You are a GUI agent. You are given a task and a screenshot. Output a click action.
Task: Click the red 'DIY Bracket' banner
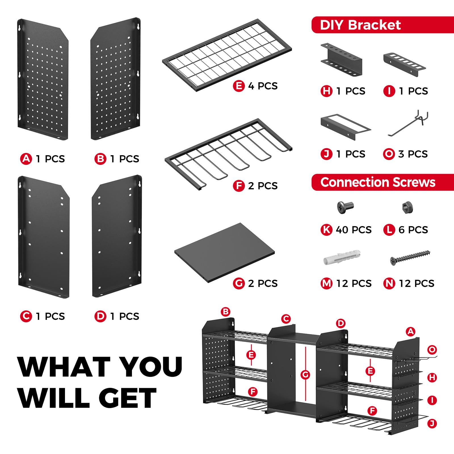(382, 25)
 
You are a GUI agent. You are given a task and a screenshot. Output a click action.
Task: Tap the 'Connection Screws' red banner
(382, 182)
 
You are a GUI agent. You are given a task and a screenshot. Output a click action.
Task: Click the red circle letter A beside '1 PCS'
(26, 159)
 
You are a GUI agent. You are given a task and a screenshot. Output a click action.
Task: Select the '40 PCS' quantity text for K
(354, 230)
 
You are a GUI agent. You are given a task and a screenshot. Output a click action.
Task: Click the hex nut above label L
(407, 207)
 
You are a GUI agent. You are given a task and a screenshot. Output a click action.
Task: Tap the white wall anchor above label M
(342, 257)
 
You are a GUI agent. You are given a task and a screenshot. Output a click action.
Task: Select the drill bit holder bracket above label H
(341, 60)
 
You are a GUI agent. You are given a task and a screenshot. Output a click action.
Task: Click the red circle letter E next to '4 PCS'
(239, 86)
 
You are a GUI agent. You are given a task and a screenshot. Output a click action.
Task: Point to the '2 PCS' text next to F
(263, 186)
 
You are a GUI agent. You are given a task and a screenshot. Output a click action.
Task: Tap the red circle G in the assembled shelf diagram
(305, 375)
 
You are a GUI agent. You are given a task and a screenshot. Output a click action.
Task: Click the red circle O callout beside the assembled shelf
(432, 350)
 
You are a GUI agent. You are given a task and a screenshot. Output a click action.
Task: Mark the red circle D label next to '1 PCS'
(100, 316)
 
